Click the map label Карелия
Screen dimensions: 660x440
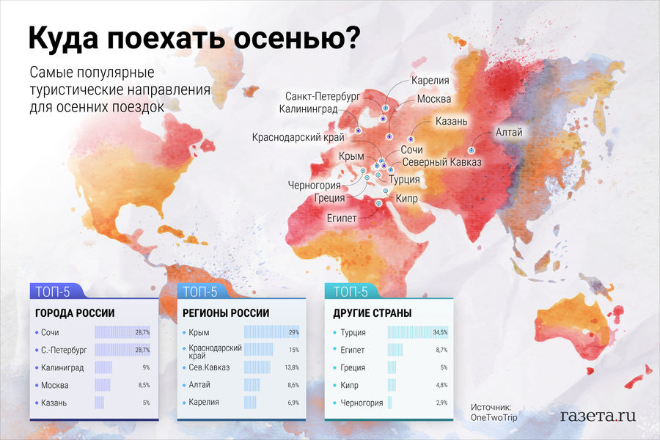coord(430,80)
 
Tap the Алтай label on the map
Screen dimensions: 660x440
coord(509,132)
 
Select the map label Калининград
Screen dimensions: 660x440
coord(308,109)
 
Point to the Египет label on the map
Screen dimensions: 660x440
coord(342,218)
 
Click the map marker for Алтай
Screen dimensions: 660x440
coord(471,150)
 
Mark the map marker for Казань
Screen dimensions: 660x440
coord(411,139)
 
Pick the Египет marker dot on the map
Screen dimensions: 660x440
coord(378,203)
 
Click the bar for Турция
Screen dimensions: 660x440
coord(417,332)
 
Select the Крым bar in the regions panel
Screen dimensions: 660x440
coord(271,331)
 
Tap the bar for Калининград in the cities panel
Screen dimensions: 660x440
coord(103,367)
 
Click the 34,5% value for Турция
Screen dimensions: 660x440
coord(440,332)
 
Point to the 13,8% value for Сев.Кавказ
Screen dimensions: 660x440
coord(292,367)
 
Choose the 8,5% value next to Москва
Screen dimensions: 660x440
coord(144,385)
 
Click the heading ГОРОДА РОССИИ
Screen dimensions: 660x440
coord(75,313)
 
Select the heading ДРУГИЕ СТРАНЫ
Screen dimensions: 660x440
coord(372,313)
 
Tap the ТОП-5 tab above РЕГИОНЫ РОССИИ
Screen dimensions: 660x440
coord(200,291)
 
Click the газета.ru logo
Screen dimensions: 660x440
coord(598,416)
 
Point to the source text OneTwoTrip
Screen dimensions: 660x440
coord(494,417)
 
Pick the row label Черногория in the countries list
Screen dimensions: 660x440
coord(362,403)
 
